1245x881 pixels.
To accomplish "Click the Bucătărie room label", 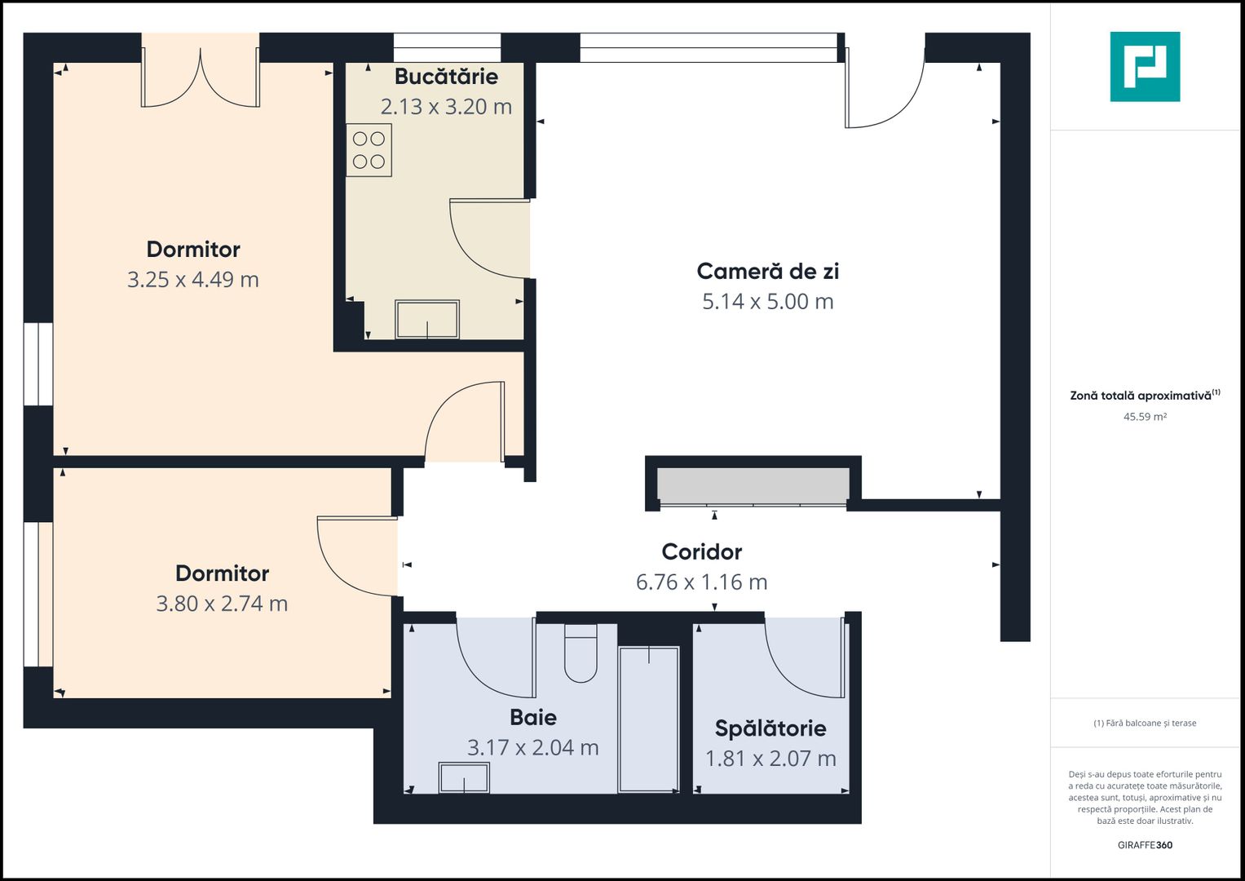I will [x=446, y=77].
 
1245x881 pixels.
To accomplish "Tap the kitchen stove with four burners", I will [x=369, y=150].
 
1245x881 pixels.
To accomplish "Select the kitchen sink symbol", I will [x=427, y=319].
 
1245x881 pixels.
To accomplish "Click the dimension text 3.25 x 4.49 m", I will [x=193, y=280].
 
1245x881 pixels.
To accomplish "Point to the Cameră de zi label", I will [x=767, y=271].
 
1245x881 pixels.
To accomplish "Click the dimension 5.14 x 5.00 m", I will [x=767, y=302].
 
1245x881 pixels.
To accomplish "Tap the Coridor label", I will [x=701, y=552].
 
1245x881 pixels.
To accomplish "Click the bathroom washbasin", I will [x=464, y=777].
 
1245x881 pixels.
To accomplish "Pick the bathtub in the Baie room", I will [x=648, y=719].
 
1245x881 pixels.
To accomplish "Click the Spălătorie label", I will [x=770, y=728].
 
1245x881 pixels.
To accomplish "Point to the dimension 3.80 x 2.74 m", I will [x=222, y=604].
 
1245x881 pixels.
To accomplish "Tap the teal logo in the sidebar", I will [x=1145, y=67].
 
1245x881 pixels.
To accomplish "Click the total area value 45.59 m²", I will [x=1145, y=417].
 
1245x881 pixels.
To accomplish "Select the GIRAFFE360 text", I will [x=1145, y=845].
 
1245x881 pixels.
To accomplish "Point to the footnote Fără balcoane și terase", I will [x=1145, y=724].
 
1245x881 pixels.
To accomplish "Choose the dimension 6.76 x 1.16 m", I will [x=701, y=582].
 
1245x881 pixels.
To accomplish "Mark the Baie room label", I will [x=533, y=718].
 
